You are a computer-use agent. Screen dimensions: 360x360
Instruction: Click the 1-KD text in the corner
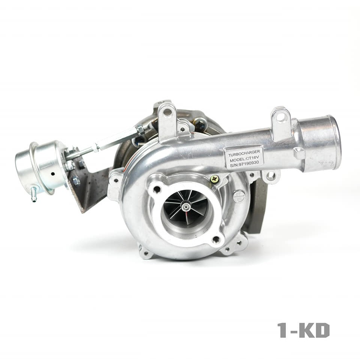point(303,330)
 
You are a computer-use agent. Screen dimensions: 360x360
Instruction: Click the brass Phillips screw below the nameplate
point(214,179)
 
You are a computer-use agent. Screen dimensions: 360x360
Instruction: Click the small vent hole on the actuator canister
point(53,174)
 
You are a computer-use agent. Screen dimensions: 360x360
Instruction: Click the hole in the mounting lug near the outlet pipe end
point(280,117)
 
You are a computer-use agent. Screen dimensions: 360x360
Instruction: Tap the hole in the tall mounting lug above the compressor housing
point(167,112)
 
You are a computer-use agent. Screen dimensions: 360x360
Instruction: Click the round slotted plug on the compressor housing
point(239,196)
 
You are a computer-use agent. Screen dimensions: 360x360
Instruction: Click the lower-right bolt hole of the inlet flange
point(216,239)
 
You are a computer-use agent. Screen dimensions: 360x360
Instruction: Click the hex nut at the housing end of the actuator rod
point(140,129)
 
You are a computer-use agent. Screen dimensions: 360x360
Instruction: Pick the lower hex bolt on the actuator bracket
point(75,182)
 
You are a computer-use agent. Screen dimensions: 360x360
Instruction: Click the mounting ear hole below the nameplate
point(270,175)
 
